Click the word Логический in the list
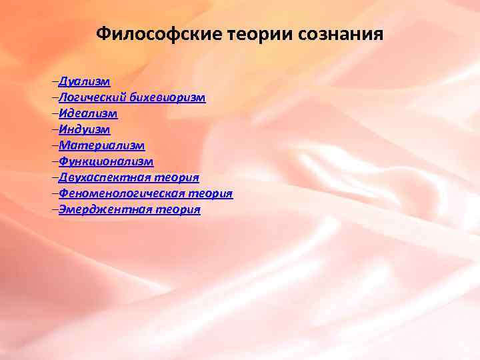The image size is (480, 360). (91, 98)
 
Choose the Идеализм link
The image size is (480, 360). (88, 114)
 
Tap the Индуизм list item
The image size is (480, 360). (84, 130)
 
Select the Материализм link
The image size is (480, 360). (101, 145)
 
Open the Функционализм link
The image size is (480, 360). (106, 161)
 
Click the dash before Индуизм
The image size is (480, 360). (55, 130)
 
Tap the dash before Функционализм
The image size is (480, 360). (55, 161)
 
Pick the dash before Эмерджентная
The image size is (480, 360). (55, 209)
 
